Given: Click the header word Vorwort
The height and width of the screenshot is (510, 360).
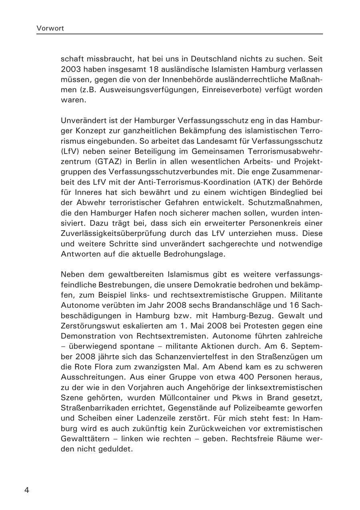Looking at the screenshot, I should (x=50, y=28).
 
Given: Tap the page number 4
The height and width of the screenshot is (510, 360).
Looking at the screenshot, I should (x=27, y=490).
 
